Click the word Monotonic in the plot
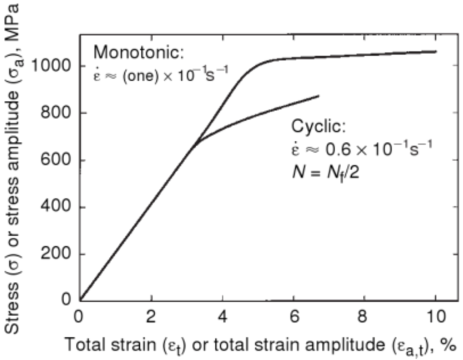coord(139,53)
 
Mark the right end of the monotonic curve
coord(435,52)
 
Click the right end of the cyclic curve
coord(318,96)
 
